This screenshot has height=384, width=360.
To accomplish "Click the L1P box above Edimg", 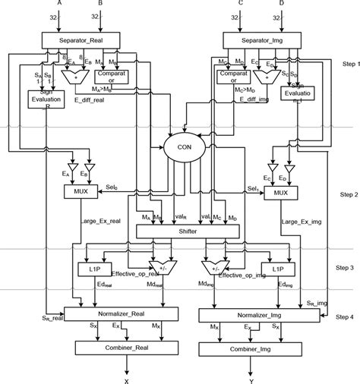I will coord(273,268).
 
